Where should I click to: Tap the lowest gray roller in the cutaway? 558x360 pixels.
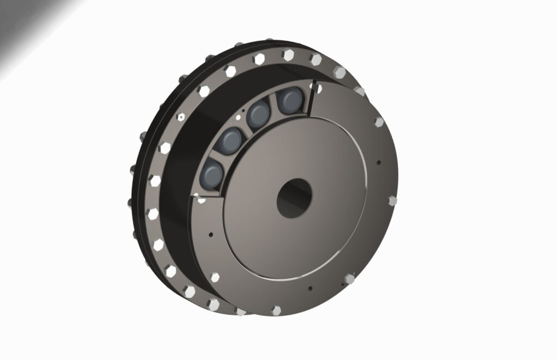[211, 175]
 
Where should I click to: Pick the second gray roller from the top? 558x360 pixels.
[258, 115]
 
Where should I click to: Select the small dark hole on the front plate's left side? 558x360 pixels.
[210, 235]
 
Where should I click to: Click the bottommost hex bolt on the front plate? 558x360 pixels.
[276, 310]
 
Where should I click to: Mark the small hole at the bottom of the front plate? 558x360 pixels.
[309, 288]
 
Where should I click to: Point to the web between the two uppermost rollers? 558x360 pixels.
[273, 108]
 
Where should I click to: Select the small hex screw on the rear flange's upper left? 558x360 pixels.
[180, 116]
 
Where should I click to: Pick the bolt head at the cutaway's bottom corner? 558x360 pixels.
[200, 198]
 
